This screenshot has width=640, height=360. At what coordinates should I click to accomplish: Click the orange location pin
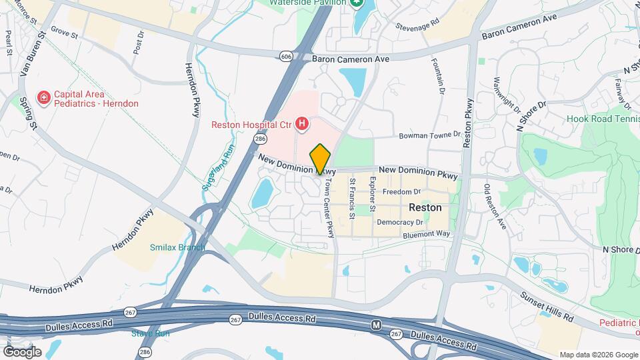[321, 159]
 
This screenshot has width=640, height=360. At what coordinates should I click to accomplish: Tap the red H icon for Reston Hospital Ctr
[302, 123]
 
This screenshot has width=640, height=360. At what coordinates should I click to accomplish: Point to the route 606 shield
[286, 57]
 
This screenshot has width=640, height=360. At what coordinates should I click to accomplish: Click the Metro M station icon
[376, 325]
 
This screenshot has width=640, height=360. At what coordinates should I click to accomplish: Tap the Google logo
[22, 351]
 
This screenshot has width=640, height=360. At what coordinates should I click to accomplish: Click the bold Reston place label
[425, 207]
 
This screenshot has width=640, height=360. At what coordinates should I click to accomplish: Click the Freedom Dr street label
[401, 192]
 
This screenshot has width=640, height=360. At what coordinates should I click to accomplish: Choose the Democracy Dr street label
[400, 222]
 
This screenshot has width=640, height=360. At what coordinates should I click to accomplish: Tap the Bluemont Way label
[427, 235]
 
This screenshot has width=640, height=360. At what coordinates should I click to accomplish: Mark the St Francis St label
[352, 199]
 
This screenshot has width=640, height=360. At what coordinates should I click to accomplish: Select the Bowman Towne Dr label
[430, 135]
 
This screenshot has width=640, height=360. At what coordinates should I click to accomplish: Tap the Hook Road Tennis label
[603, 119]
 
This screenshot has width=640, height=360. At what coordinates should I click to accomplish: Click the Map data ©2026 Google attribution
[598, 355]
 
